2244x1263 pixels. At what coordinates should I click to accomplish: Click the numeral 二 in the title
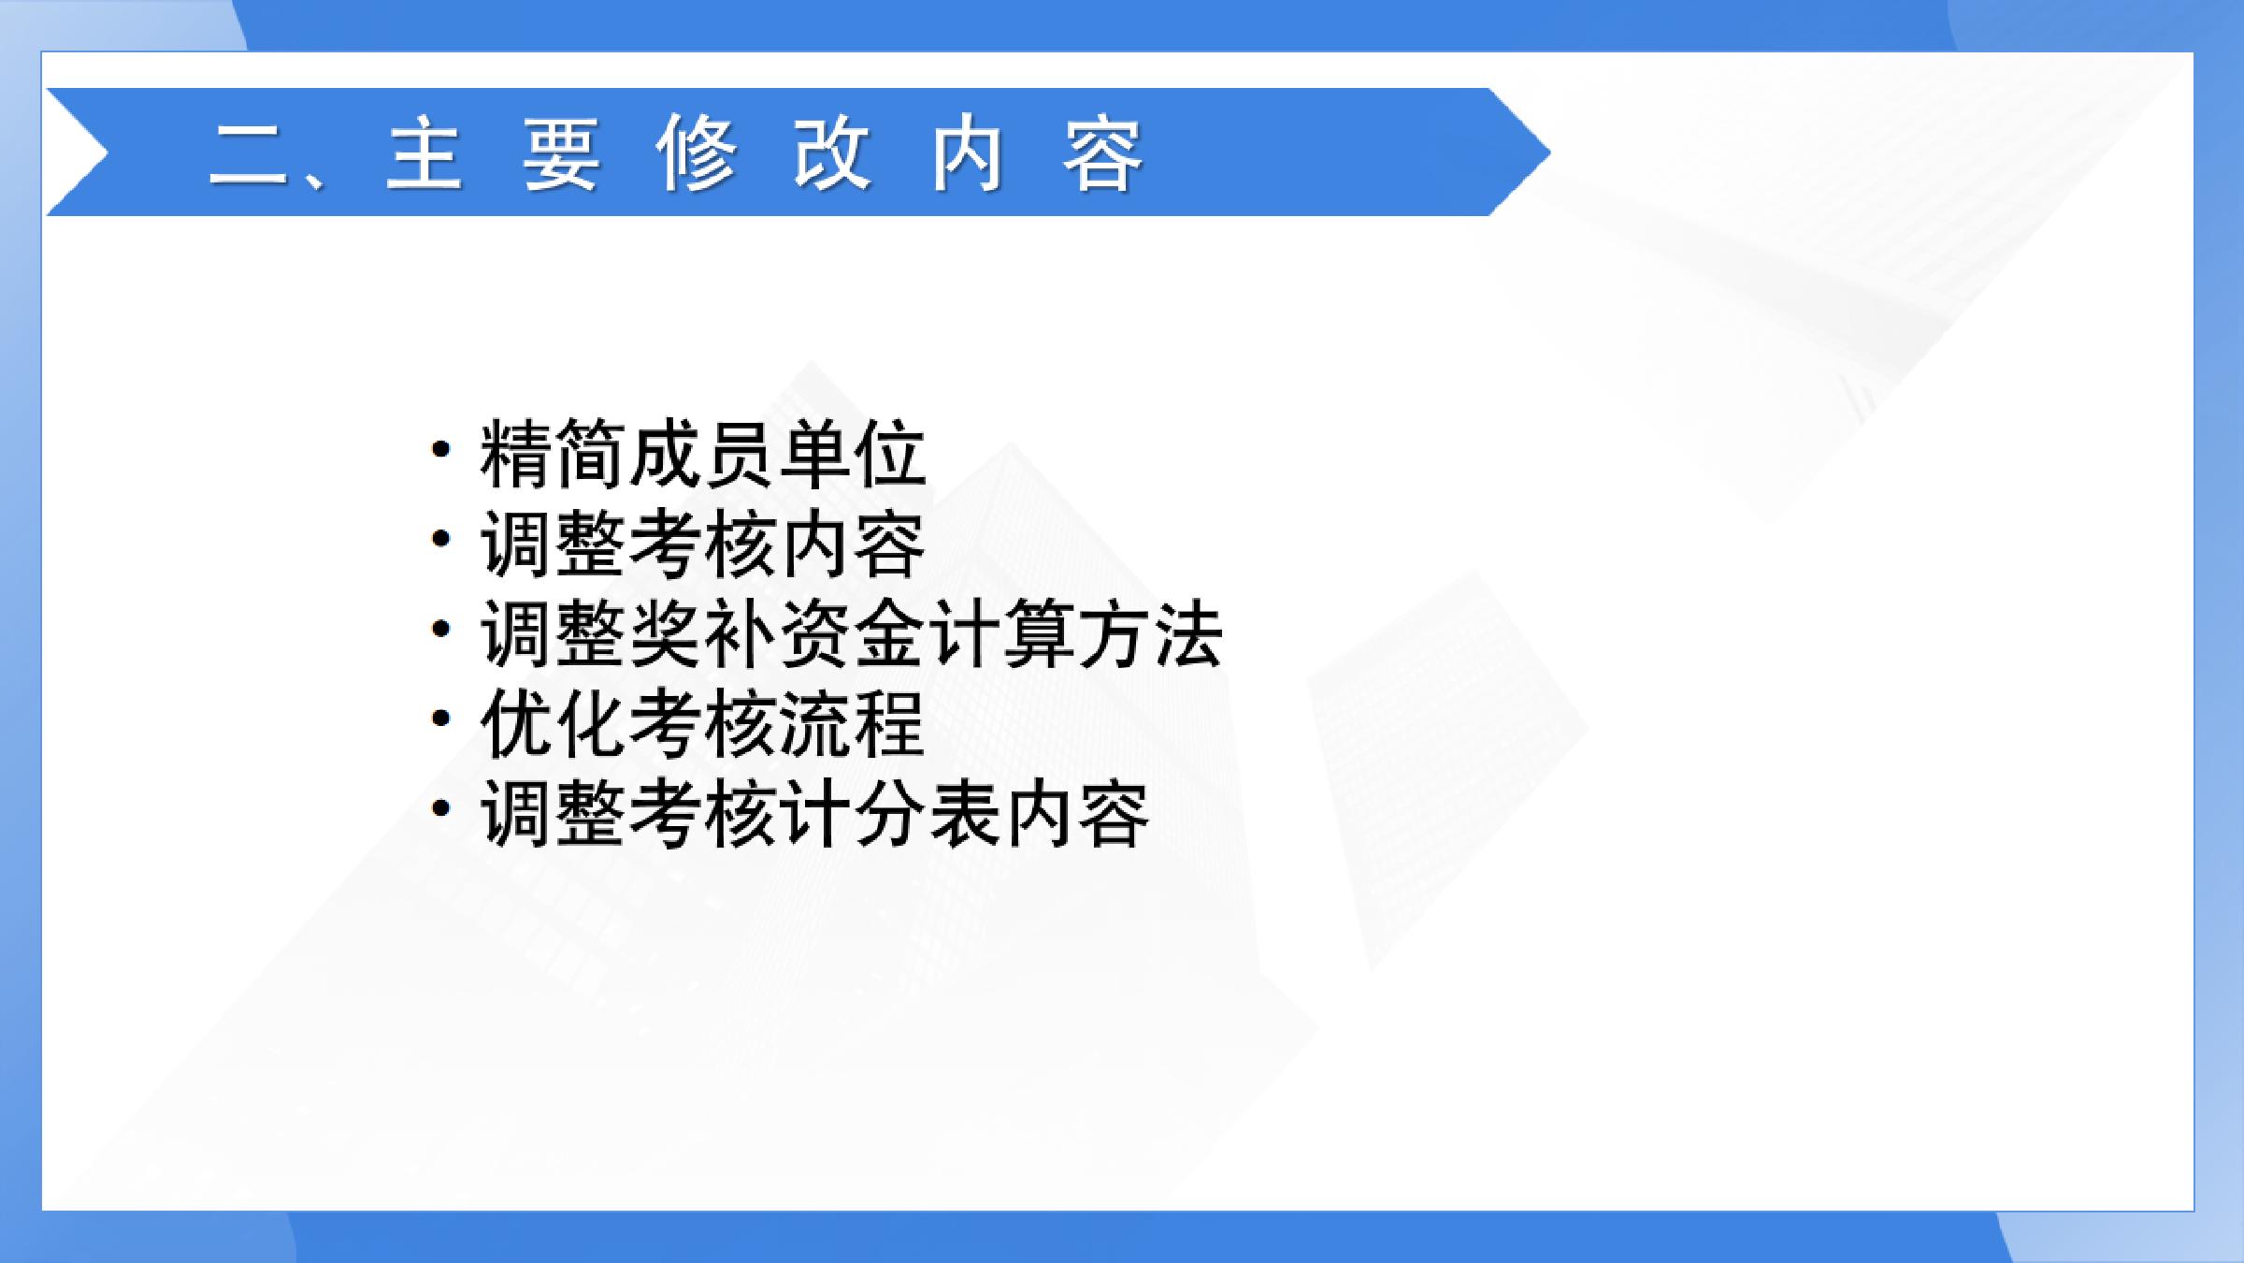pos(248,153)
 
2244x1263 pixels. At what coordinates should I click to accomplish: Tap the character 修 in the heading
pos(697,153)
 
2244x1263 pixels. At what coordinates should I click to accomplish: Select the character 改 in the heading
pos(832,153)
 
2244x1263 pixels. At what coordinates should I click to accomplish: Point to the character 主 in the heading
pos(425,153)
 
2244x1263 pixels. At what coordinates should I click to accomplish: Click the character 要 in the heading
pos(561,153)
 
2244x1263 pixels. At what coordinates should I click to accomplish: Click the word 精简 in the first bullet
pos(554,455)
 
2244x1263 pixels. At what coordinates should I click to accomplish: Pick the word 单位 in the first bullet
pos(851,455)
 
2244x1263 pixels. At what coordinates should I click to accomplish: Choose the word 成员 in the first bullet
pos(702,455)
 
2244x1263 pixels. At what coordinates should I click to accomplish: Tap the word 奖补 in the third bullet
pos(702,634)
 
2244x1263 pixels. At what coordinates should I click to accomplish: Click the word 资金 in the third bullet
pos(851,634)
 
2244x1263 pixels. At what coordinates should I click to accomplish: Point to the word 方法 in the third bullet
pos(1149,634)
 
